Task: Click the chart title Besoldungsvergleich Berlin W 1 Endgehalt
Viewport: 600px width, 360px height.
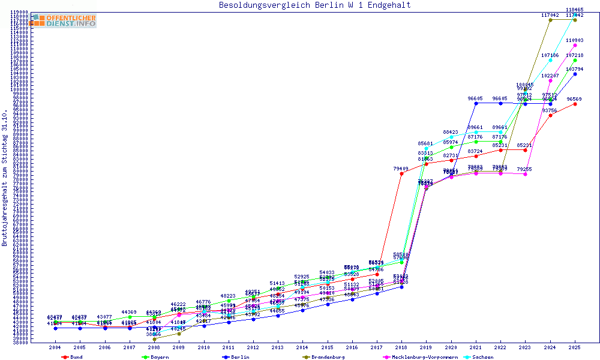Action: click(314, 5)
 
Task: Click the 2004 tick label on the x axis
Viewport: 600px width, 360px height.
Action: click(55, 347)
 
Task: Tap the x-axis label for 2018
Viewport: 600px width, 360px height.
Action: click(402, 347)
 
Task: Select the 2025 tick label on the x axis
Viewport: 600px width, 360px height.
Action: click(575, 347)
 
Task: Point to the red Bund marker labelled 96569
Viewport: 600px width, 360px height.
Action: click(575, 104)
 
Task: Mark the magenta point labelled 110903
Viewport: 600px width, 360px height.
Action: click(575, 45)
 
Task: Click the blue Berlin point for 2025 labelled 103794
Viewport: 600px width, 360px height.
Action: click(575, 74)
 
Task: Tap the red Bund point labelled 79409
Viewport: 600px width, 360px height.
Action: click(401, 174)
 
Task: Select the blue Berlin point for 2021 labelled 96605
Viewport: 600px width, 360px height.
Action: click(476, 103)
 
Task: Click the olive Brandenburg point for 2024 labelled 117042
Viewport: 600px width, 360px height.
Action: click(550, 20)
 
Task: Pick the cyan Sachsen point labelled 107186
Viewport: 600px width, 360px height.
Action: click(550, 60)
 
